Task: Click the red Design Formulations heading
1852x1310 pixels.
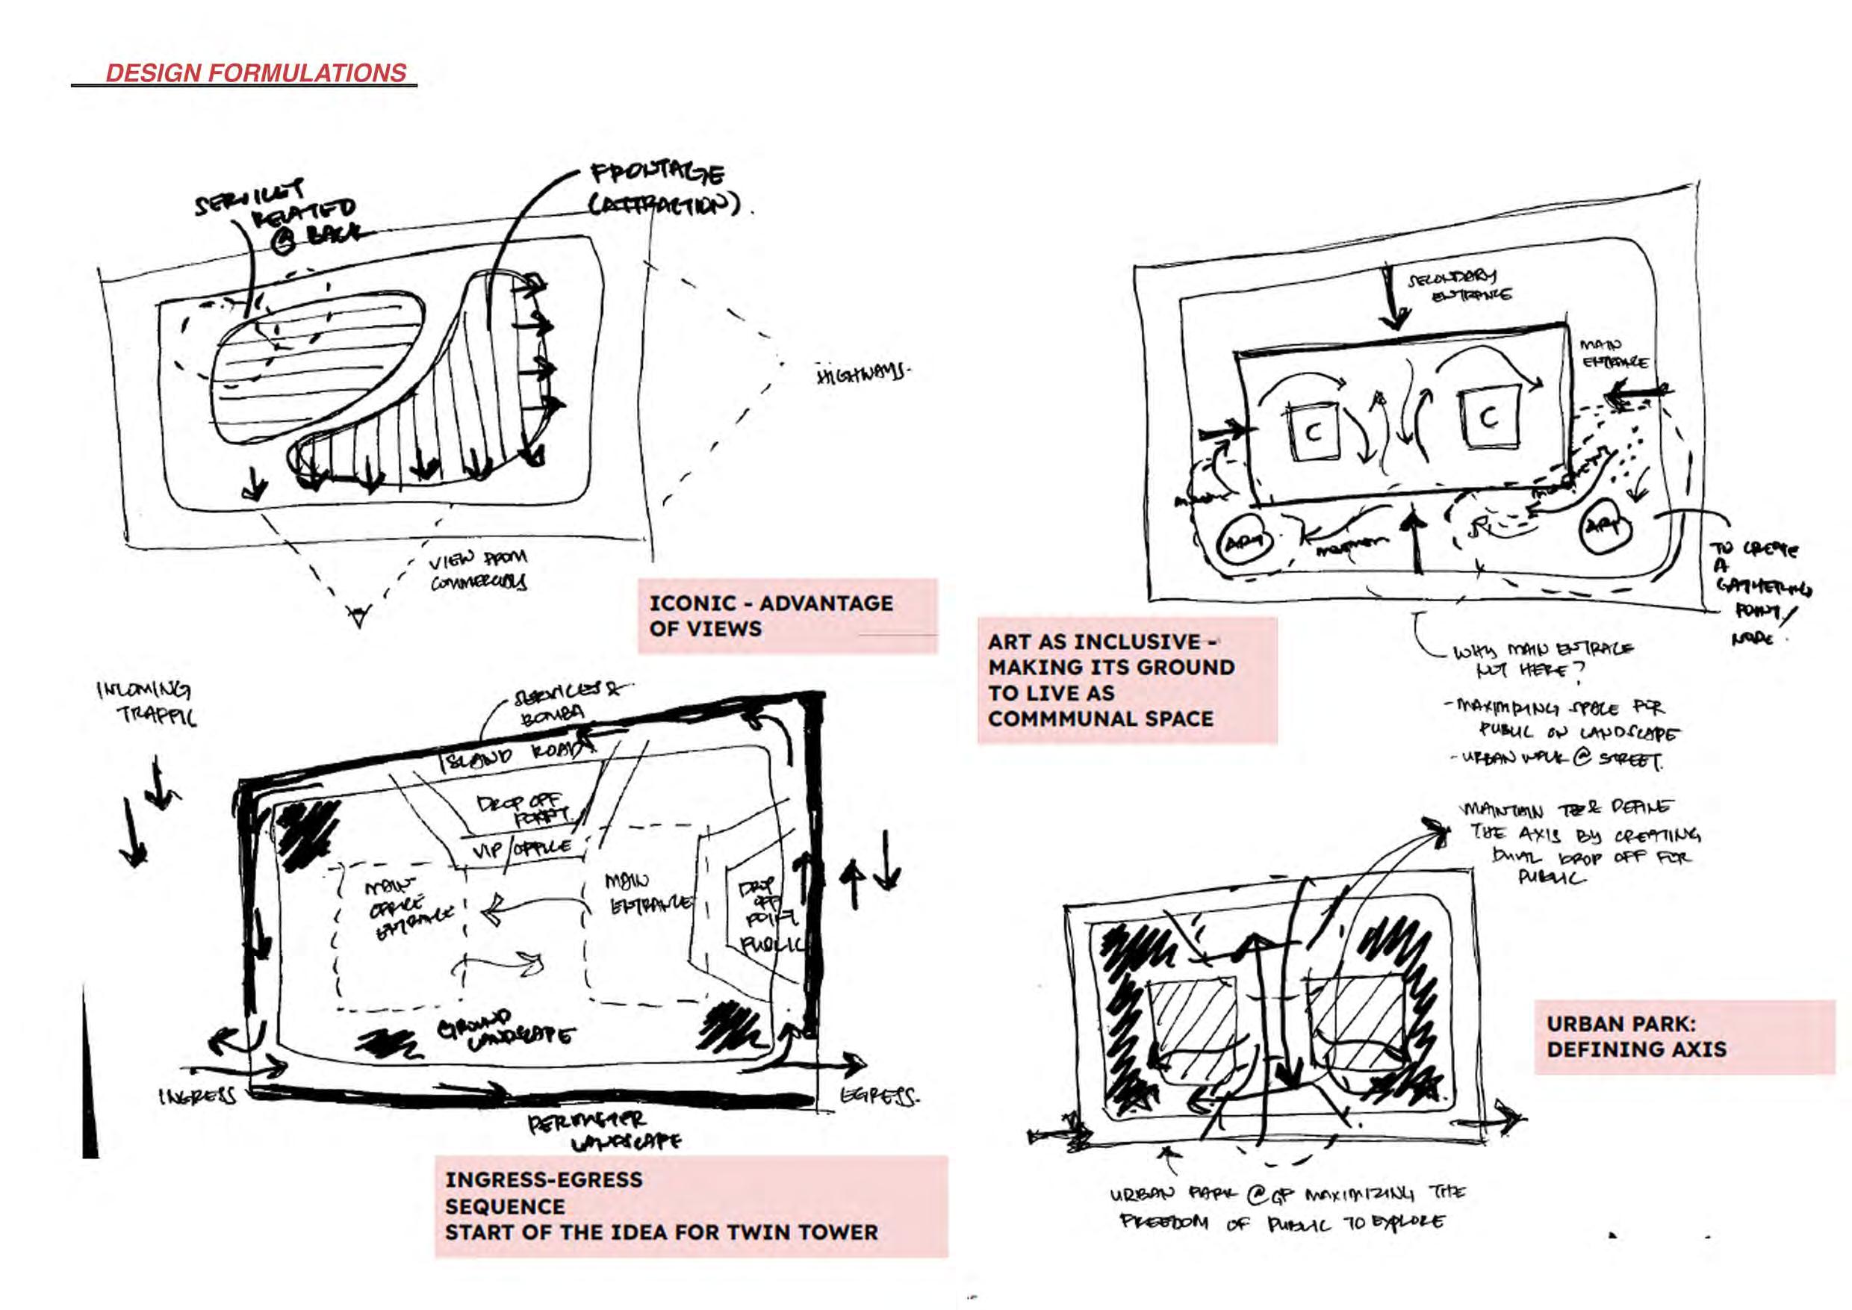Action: [255, 73]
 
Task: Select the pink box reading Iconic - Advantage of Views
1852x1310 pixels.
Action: [786, 616]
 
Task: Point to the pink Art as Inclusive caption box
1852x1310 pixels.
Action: [1126, 680]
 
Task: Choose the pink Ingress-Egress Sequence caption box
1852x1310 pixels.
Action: [691, 1206]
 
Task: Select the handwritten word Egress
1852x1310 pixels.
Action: [879, 1096]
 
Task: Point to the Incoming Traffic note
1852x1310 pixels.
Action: [147, 703]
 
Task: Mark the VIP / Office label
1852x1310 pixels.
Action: [522, 848]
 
